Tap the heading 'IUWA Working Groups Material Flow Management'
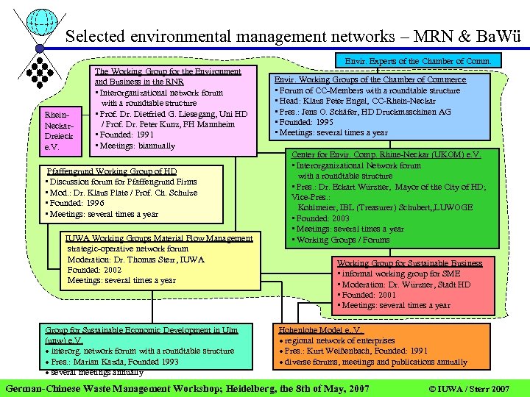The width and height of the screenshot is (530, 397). click(158, 238)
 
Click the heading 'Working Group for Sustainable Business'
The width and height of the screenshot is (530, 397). click(409, 263)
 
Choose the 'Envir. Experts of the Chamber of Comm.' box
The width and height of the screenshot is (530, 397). click(417, 61)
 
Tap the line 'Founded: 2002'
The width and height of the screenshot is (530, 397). click(93, 270)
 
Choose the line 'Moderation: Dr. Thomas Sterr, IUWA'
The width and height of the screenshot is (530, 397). click(135, 260)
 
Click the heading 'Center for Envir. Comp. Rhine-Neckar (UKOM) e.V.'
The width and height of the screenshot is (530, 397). click(386, 155)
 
